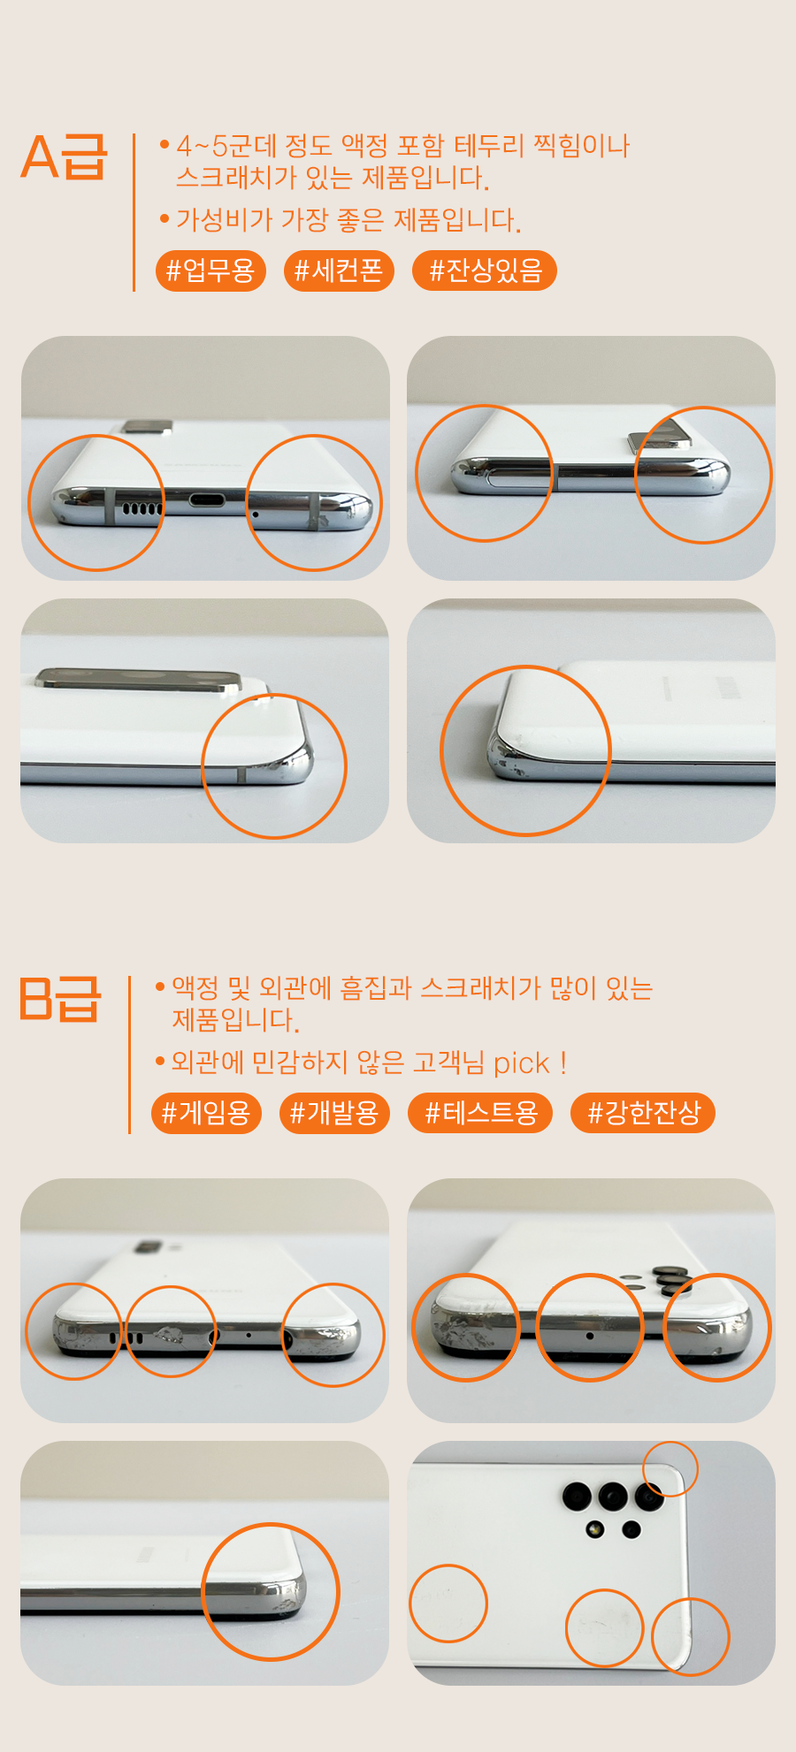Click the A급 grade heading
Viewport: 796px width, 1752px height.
click(64, 157)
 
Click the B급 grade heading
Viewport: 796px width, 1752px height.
click(60, 999)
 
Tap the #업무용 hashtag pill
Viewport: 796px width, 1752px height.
click(210, 270)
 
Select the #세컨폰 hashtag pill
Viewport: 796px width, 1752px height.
click(339, 270)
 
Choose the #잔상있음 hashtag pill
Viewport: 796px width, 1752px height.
click(485, 270)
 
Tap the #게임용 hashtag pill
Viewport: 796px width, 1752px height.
click(206, 1112)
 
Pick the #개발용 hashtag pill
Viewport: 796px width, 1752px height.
click(334, 1112)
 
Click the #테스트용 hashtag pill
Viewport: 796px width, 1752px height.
click(480, 1112)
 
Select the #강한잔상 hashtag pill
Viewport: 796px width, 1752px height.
click(643, 1112)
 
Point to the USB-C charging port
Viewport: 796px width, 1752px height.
click(206, 501)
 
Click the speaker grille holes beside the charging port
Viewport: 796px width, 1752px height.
click(142, 508)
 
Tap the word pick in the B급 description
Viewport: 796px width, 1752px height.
click(522, 1063)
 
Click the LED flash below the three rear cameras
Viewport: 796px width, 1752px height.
click(595, 1528)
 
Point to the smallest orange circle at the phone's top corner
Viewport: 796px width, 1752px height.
click(670, 1443)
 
